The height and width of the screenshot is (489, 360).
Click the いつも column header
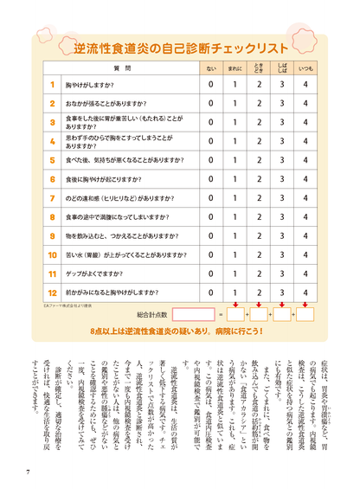point(305,67)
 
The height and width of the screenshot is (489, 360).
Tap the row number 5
point(52,160)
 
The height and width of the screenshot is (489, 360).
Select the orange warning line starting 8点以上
point(180,331)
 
